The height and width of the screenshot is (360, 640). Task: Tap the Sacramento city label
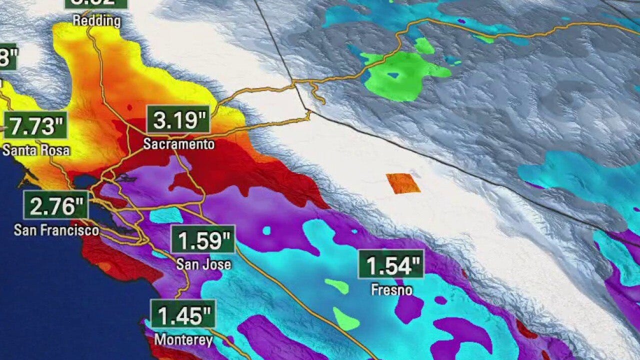point(178,144)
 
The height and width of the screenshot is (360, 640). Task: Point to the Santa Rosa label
point(36,150)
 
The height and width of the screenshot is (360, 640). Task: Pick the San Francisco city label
point(56,230)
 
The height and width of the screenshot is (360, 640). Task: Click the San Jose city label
point(203,264)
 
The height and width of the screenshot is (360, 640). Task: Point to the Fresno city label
point(391,289)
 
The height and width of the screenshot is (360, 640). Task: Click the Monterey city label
point(183,340)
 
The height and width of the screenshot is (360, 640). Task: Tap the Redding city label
point(96,21)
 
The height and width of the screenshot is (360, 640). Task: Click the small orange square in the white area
point(403,183)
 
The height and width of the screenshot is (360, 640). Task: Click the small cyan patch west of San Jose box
point(166,215)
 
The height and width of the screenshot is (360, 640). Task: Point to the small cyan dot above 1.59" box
point(266,230)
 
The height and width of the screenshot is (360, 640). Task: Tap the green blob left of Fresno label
point(337,286)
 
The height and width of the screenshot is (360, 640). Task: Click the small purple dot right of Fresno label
point(440,300)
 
